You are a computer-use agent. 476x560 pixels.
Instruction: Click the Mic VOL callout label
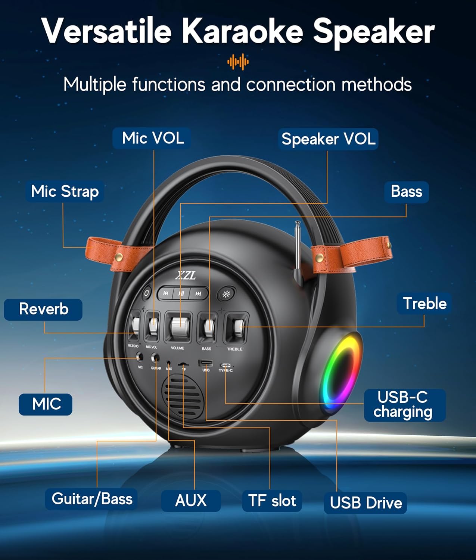tap(152, 139)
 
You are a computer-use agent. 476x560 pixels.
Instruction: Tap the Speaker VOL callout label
tap(328, 139)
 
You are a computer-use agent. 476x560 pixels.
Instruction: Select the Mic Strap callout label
tap(65, 192)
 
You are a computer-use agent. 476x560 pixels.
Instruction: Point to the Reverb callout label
tap(43, 309)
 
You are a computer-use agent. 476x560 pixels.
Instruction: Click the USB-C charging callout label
tap(404, 405)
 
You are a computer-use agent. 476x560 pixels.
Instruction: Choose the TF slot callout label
tap(272, 501)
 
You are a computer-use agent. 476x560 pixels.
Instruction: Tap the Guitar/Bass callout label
tap(91, 499)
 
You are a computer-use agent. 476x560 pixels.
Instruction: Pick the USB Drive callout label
tap(365, 503)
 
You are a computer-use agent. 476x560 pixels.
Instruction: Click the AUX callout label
tap(191, 501)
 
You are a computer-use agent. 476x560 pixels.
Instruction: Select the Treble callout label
tap(424, 304)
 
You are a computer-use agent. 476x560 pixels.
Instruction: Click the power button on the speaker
tap(147, 293)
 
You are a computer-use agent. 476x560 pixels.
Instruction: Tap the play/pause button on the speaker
tap(181, 293)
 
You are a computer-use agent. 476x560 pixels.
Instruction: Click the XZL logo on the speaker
tap(186, 276)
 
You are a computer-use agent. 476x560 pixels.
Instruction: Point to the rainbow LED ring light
tap(341, 373)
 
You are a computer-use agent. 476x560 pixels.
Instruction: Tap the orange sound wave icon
tap(238, 62)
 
